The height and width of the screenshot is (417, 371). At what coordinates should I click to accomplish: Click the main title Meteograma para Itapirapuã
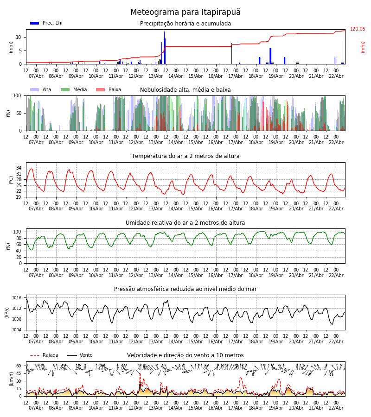(x=185, y=13)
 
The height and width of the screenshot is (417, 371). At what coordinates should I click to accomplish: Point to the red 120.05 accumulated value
(x=358, y=29)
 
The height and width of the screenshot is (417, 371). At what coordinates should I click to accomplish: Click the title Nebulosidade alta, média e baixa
(x=185, y=90)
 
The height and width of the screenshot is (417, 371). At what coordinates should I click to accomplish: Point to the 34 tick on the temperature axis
(x=19, y=168)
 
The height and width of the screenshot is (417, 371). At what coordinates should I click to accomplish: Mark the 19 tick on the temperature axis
(x=19, y=197)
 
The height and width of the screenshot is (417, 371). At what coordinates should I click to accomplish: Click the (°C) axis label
(x=11, y=179)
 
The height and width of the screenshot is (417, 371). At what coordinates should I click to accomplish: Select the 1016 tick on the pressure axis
(x=17, y=298)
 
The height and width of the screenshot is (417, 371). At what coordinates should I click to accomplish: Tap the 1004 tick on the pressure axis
(x=17, y=330)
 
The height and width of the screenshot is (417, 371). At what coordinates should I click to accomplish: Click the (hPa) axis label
(x=7, y=312)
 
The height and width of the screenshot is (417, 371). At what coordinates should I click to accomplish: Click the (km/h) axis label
(x=11, y=379)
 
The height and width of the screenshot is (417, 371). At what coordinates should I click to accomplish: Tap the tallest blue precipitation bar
(x=164, y=46)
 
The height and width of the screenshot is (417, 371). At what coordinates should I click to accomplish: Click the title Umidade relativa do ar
(x=185, y=223)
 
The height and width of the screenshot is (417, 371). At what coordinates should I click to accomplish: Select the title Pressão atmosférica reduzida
(x=185, y=289)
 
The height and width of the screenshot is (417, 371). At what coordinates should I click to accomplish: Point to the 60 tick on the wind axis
(x=19, y=366)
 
